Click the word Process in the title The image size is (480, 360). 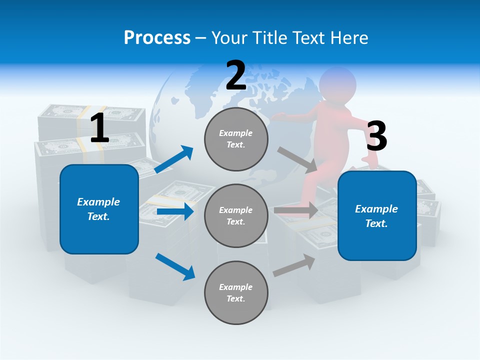coord(157,37)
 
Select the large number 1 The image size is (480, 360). coord(99,128)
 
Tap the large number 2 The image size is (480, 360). coord(235,75)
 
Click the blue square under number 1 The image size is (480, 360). coord(99,209)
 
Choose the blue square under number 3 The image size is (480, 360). coord(377,216)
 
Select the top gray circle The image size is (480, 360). coord(236,139)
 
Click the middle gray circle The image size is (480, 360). coord(236,215)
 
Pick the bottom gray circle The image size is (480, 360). coord(236,292)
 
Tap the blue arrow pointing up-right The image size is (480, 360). coord(174,159)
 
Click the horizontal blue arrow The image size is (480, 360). coord(175,211)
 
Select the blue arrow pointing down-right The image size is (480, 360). coord(175,266)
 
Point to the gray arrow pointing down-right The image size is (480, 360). coord(297,160)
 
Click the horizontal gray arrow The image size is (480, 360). coord(296,210)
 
